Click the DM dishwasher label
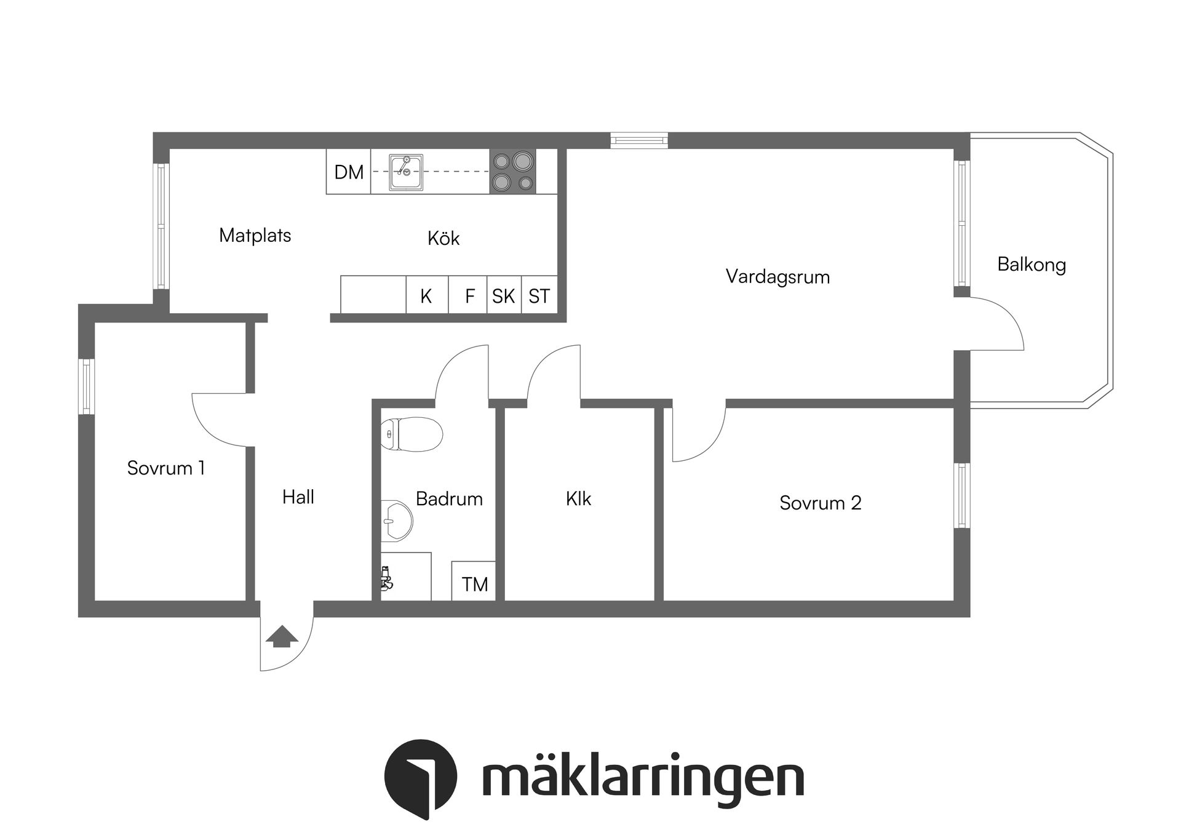pos(349,172)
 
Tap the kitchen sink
pos(406,172)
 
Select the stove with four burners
pos(513,172)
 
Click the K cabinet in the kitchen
pos(426,296)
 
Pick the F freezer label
pos(469,297)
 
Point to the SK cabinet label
pos(503,297)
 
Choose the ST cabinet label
pos(539,297)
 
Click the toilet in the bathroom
pos(411,434)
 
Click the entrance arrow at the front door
pos(281,636)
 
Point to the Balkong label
pos(1032,265)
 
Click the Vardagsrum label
pos(777,277)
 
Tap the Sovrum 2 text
pos(820,503)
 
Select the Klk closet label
pos(578,498)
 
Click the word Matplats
pos(255,235)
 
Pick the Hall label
pos(298,497)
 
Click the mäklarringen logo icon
pos(421,779)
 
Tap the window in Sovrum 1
pos(86,386)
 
